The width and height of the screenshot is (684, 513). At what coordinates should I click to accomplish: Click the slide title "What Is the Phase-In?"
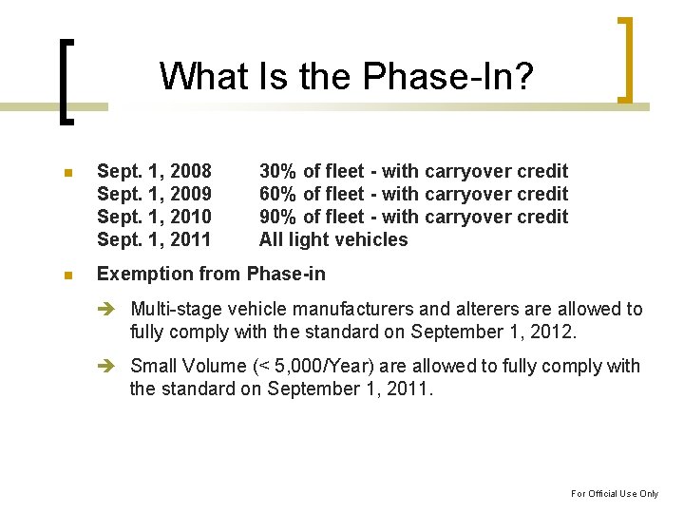tap(346, 76)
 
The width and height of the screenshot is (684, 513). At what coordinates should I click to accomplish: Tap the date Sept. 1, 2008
tap(154, 171)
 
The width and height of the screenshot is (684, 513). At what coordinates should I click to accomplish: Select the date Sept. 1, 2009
tap(154, 194)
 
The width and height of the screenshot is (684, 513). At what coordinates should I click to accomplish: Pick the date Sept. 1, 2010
tap(154, 217)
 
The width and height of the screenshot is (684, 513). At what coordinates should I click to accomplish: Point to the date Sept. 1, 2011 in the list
tap(154, 239)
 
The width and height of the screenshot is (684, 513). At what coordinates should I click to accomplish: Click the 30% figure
tap(276, 171)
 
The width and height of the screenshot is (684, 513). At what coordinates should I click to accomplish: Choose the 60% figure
tap(276, 194)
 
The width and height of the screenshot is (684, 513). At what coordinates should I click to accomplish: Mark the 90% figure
tap(276, 217)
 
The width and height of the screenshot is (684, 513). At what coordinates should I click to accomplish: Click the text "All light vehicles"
tap(332, 239)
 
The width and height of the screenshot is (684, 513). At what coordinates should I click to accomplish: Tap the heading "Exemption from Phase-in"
tap(211, 275)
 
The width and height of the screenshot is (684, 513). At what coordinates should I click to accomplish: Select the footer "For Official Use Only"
tap(614, 493)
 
